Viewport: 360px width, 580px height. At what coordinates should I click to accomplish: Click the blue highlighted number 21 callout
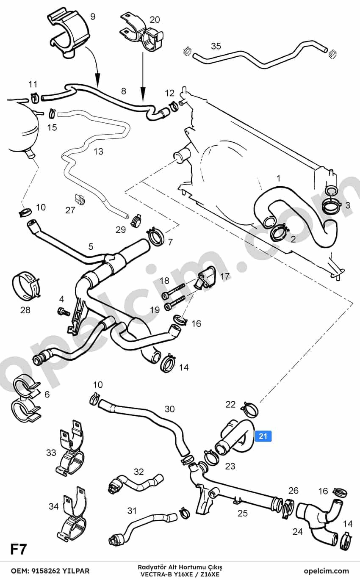pyautogui.click(x=263, y=436)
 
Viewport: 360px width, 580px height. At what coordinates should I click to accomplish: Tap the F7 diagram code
pyautogui.click(x=18, y=549)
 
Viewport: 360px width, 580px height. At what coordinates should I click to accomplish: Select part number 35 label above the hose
pyautogui.click(x=216, y=46)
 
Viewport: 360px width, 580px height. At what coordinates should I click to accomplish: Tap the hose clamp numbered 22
pyautogui.click(x=249, y=410)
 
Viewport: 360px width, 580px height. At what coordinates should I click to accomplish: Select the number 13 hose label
pyautogui.click(x=98, y=152)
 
